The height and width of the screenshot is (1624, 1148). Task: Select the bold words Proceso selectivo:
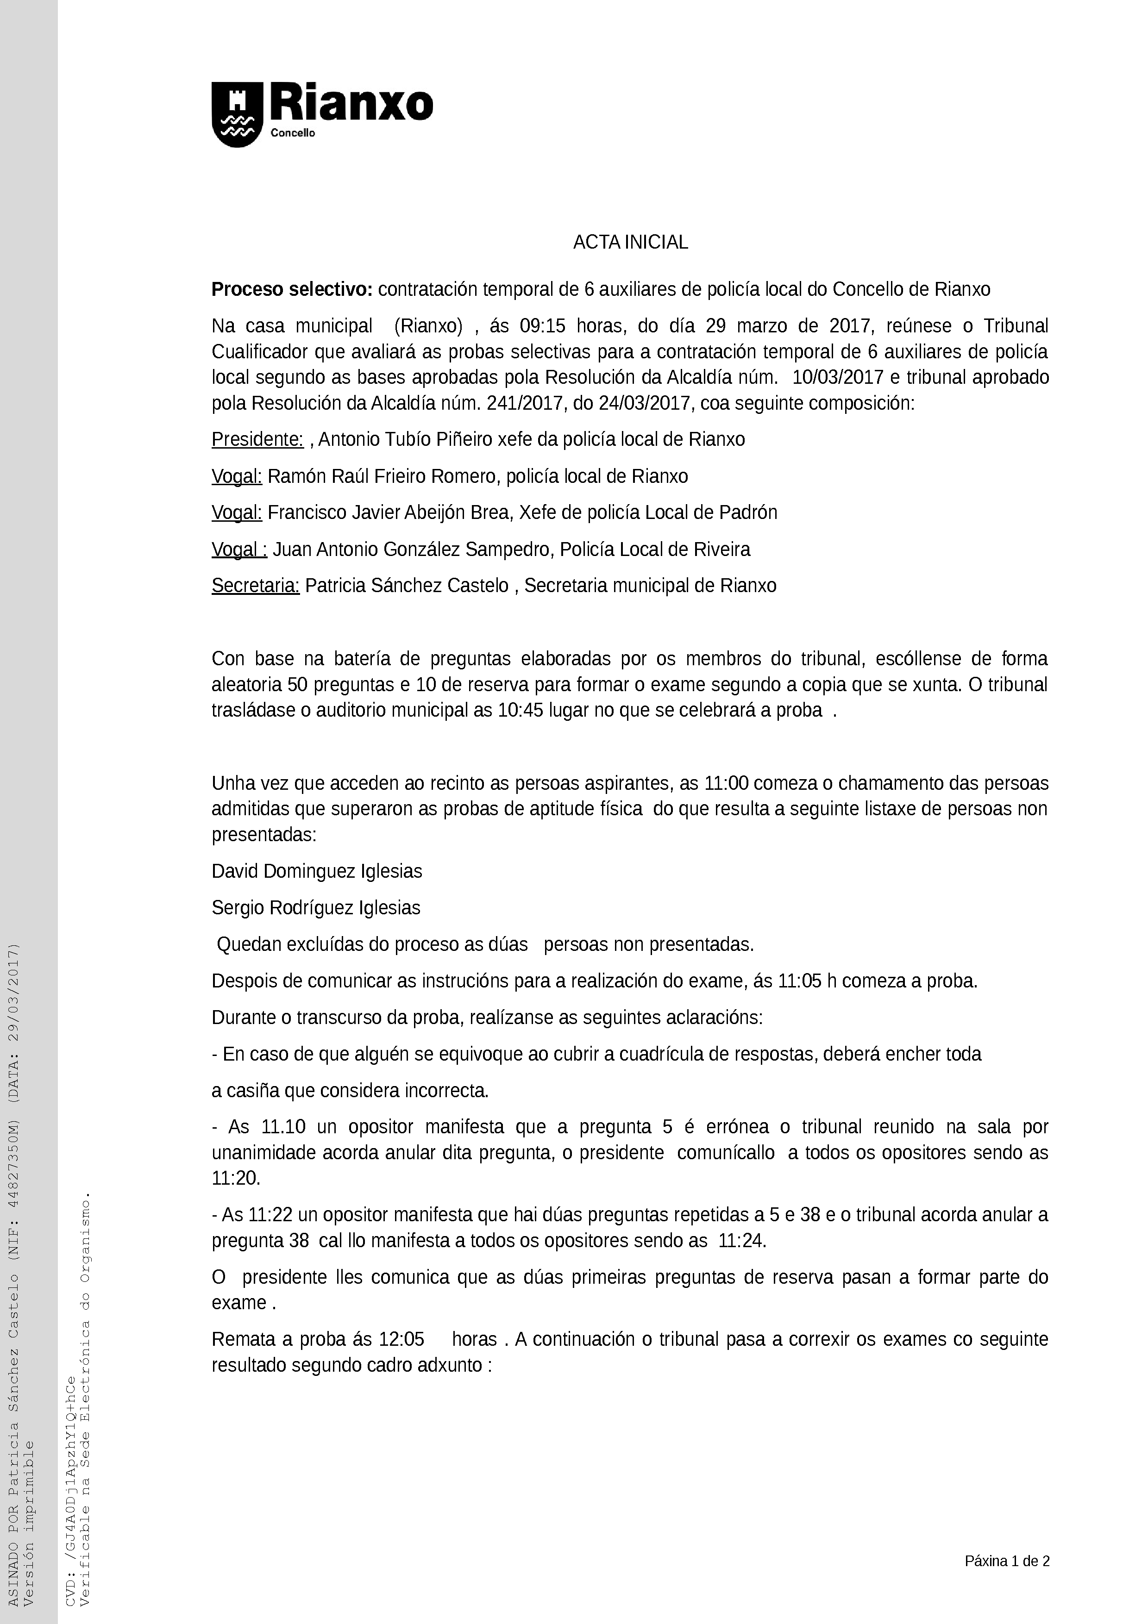pyautogui.click(x=291, y=289)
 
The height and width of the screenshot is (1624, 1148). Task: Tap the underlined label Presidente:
pyautogui.click(x=257, y=439)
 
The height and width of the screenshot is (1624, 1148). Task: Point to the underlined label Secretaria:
pyautogui.click(x=255, y=586)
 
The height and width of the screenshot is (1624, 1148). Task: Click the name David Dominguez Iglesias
pyautogui.click(x=317, y=871)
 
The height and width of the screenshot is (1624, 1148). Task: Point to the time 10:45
pyautogui.click(x=520, y=710)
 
